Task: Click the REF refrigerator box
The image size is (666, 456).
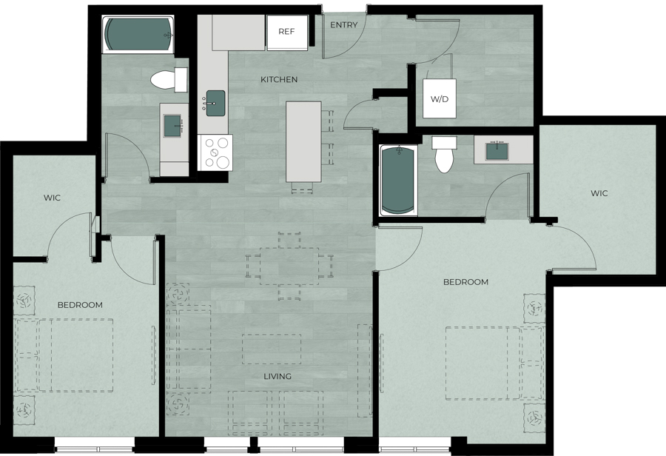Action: point(286,33)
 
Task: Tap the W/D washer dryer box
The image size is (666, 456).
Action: point(439,98)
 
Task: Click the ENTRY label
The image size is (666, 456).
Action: point(343,25)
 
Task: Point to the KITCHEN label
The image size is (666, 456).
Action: point(279,79)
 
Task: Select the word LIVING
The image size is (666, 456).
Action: point(277,376)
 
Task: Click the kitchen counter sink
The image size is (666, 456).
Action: point(216,103)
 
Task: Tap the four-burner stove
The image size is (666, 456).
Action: point(215,152)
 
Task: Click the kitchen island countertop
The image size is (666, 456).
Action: point(303,141)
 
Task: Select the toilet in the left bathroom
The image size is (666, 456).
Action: point(169,79)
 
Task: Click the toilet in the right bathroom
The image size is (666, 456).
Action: point(444,154)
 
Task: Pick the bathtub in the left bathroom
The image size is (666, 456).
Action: point(138,34)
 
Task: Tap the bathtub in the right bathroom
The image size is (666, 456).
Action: point(398,180)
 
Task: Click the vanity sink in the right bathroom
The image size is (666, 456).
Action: point(497,151)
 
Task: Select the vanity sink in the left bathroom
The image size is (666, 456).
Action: point(174,126)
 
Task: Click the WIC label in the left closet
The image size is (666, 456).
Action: point(52,198)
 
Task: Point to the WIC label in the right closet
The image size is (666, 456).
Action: point(599,193)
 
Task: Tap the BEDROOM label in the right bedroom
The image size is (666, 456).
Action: point(465,282)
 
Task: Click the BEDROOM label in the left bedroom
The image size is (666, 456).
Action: point(80,305)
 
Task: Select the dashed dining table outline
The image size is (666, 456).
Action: point(289,266)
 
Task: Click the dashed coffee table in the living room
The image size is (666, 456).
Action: point(272,349)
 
